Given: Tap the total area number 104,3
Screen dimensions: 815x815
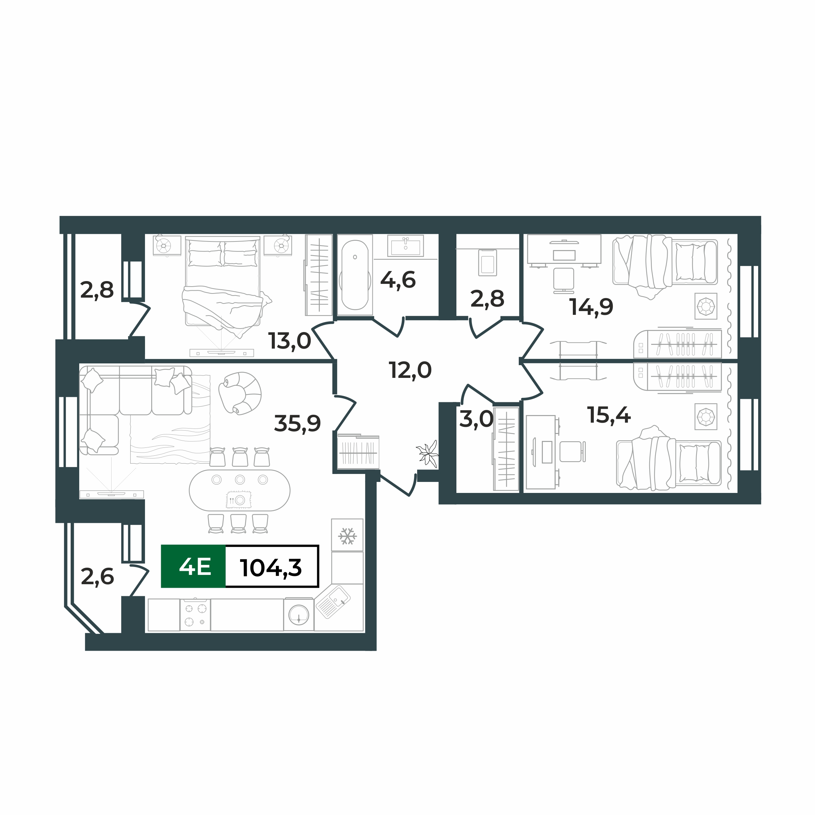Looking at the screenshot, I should click(271, 567).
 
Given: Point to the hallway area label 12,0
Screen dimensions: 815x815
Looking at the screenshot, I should click(410, 370).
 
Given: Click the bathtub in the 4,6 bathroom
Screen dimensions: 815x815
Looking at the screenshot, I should click(355, 275).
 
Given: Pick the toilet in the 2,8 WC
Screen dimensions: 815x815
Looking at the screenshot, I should click(488, 263).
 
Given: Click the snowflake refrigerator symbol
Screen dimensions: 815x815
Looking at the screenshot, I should click(347, 536).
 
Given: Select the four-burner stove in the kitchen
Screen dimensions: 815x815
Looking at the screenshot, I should click(195, 615).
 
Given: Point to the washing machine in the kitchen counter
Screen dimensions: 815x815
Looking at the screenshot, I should click(299, 614).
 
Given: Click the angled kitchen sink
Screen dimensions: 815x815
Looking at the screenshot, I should click(333, 601).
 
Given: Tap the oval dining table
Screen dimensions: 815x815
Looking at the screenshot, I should click(240, 490).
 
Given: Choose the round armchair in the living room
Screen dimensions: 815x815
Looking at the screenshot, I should click(240, 393).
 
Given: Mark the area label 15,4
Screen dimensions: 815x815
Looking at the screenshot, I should click(609, 415).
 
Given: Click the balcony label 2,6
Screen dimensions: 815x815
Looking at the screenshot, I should click(97, 577).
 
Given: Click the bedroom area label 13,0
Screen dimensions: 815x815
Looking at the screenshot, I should click(290, 341).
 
